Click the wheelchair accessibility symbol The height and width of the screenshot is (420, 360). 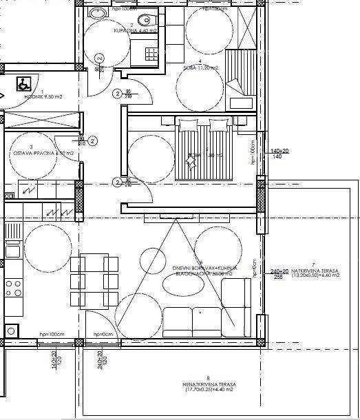23,83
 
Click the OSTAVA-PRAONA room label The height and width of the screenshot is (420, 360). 35,152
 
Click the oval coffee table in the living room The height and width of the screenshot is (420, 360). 181,284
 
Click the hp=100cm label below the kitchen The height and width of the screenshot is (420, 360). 52,334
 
